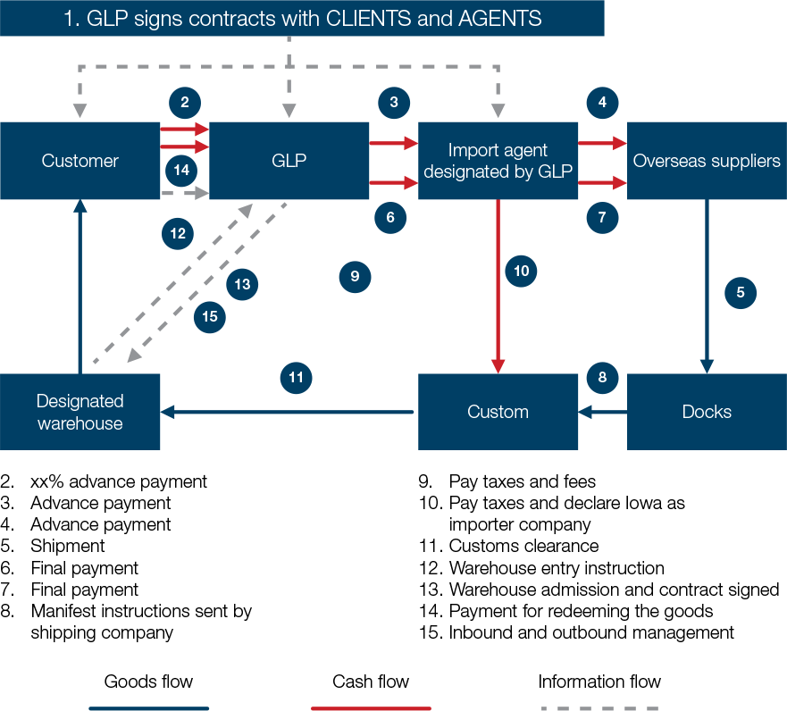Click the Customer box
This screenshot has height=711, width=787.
pos(80,161)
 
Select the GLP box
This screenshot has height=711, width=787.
pos(289,161)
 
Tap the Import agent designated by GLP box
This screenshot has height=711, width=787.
pos(498,161)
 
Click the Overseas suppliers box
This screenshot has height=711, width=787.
pos(707,161)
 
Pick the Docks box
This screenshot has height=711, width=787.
pos(707,412)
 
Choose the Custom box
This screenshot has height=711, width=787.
pos(498,412)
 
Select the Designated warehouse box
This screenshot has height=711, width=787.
pos(80,412)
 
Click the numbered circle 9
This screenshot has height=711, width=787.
pos(355,277)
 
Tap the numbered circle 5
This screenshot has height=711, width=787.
pos(741,291)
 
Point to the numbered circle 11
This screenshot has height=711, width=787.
pos(297,378)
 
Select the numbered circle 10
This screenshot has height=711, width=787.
pos(522,270)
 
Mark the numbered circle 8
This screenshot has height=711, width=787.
pos(602,377)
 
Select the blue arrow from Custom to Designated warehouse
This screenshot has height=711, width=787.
pos(286,412)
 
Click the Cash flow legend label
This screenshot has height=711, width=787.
pos(371,682)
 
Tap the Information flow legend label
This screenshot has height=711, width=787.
pos(599,682)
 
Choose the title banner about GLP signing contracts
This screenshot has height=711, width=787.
pos(302,18)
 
